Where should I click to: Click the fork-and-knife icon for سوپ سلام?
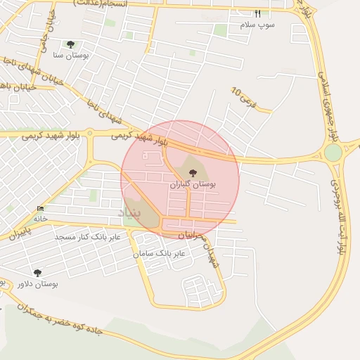(x=257, y=13)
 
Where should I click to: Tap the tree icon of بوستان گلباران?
(x=193, y=172)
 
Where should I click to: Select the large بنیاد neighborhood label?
(x=129, y=212)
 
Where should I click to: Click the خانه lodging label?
(x=40, y=219)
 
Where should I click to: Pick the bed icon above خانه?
(x=40, y=209)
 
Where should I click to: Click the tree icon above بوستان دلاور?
(x=37, y=273)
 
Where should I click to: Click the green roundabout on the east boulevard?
(x=333, y=152)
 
